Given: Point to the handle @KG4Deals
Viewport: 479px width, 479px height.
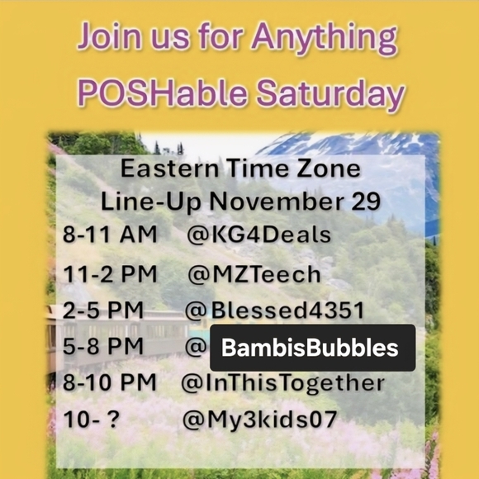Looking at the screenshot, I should coord(259,235).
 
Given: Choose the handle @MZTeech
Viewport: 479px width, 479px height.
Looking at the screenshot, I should coord(254,273).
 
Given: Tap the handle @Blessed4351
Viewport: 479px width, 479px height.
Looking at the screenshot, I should coord(273,311).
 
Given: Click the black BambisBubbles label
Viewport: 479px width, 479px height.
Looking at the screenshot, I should coord(312,348).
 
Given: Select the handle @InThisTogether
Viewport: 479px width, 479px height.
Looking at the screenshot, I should coord(283,383).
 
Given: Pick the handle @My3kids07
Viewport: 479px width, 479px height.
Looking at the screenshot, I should coord(259,420).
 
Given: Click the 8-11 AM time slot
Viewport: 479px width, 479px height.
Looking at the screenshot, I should coord(110,235).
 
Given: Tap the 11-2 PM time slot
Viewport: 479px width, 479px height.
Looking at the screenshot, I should coord(110,273).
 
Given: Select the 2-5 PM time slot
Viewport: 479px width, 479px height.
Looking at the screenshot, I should coord(103,311).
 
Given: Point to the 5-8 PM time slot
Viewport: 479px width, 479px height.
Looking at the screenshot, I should coord(103,347).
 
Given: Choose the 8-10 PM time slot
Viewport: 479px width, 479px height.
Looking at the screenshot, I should coord(110,383).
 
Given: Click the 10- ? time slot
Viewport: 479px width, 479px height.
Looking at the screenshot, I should coord(92,420).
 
